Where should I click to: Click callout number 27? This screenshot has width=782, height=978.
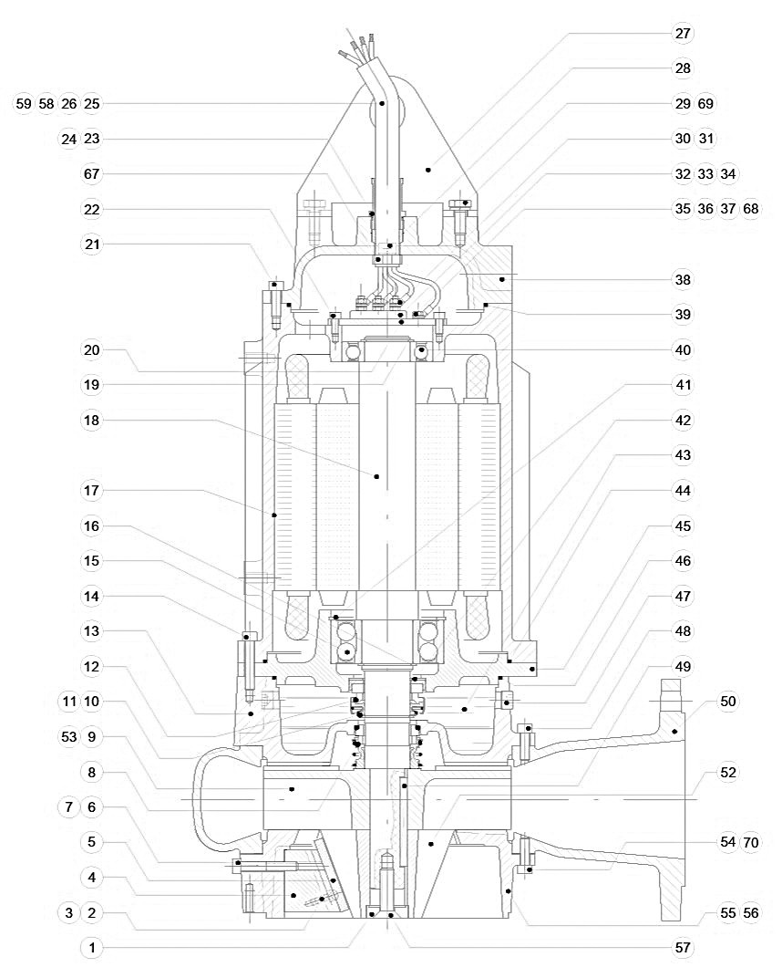(683, 34)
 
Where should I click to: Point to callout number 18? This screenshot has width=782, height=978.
(91, 421)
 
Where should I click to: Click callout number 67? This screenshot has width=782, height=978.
(91, 174)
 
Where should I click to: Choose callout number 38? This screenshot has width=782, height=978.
(683, 279)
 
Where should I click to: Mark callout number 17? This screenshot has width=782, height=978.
(91, 491)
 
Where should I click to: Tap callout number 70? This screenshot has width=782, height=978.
(752, 841)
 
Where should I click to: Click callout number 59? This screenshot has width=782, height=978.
(24, 104)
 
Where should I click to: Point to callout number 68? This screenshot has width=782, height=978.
(752, 209)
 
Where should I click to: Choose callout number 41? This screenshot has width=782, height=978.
(683, 385)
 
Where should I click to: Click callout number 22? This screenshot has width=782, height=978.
(91, 209)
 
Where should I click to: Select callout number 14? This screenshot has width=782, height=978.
(91, 597)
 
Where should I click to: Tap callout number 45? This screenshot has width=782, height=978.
(683, 526)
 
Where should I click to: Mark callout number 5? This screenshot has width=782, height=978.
(91, 841)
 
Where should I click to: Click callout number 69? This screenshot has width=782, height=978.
(705, 104)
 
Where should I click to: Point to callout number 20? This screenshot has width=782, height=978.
(91, 350)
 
